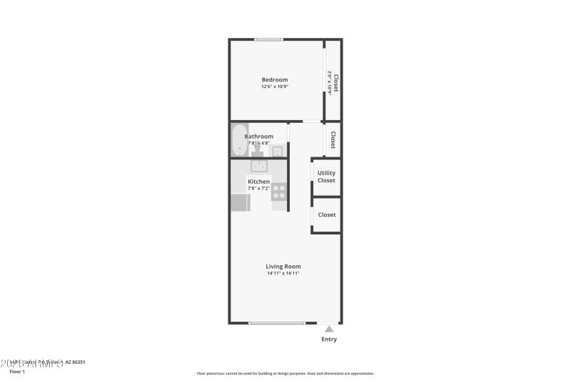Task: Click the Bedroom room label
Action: pyautogui.click(x=275, y=79)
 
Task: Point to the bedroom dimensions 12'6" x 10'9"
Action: pyautogui.click(x=275, y=86)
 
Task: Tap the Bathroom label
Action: pyautogui.click(x=258, y=136)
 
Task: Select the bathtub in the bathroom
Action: pyautogui.click(x=238, y=140)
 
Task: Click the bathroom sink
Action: pyautogui.click(x=277, y=151)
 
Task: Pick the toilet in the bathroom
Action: pyautogui.click(x=257, y=151)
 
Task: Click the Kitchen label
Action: pyautogui.click(x=258, y=182)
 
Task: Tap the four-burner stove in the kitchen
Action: pyautogui.click(x=278, y=192)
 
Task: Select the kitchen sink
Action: pyautogui.click(x=258, y=166)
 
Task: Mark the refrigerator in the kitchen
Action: pyautogui.click(x=238, y=202)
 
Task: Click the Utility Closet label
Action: pyautogui.click(x=326, y=177)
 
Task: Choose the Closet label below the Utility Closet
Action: pyautogui.click(x=327, y=214)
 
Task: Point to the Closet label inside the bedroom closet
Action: pyautogui.click(x=335, y=84)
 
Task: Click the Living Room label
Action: pyautogui.click(x=283, y=266)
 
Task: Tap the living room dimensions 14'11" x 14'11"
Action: pyautogui.click(x=283, y=273)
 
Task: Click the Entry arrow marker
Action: pyautogui.click(x=329, y=329)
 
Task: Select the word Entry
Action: pyautogui.click(x=329, y=340)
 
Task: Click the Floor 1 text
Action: pyautogui.click(x=17, y=372)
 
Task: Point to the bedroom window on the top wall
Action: pyautogui.click(x=268, y=39)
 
